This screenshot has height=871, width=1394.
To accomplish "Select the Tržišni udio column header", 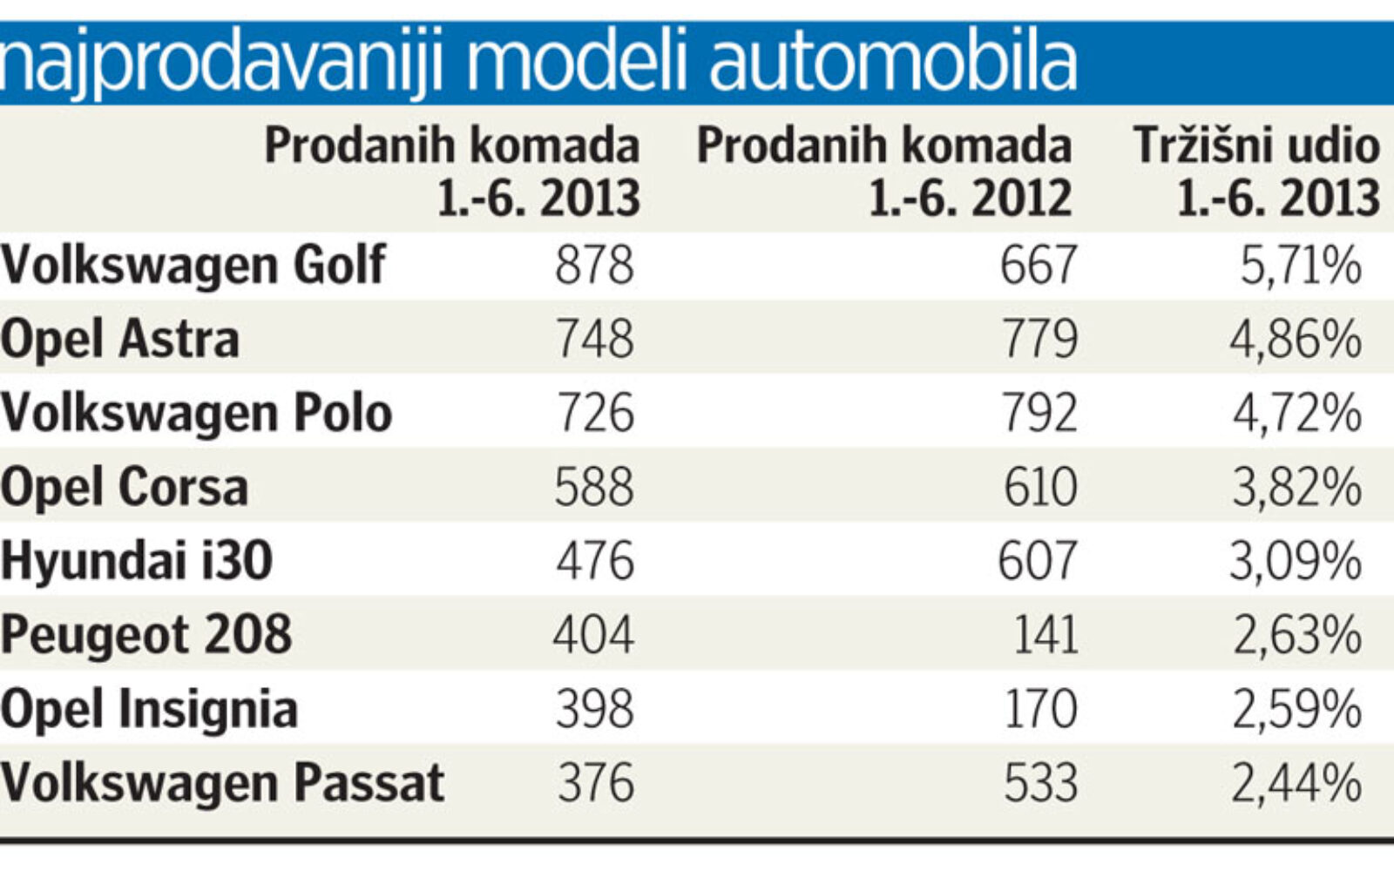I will point(1256,171).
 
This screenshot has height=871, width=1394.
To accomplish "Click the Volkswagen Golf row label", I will point(193,264).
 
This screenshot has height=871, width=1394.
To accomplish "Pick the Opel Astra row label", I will point(119,339).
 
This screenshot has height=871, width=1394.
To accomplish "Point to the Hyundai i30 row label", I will point(137,560).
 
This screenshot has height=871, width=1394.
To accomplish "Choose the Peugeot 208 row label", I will point(145,634).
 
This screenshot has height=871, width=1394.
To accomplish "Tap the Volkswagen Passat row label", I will point(222,782).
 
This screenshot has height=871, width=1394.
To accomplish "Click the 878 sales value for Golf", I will point(594,265).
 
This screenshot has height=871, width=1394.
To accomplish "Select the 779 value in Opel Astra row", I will point(1039,339).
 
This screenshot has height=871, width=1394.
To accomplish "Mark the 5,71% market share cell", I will point(1300,265).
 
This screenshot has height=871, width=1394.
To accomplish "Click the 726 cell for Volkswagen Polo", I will point(595,413).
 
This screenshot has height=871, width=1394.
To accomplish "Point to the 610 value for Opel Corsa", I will point(1039,487).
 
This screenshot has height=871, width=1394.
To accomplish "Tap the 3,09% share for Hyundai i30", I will point(1296,561).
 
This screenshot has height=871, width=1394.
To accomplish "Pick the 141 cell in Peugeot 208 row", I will point(1045,634).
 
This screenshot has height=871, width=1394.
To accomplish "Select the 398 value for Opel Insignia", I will point(595,709).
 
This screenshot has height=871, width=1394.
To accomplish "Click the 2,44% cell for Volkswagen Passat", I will point(1296,782).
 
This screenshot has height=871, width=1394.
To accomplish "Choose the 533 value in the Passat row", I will point(1040,782).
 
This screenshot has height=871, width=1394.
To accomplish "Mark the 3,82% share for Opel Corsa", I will point(1296,487).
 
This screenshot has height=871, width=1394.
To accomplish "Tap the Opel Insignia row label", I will point(149,709).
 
